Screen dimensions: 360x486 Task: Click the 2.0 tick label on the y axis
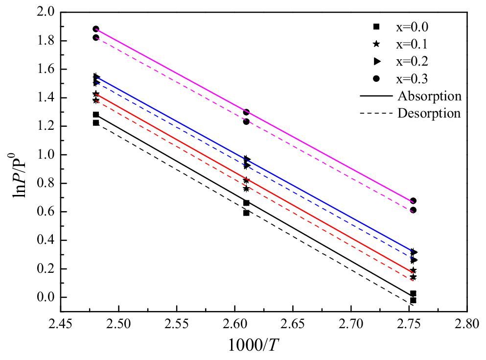tap(46, 12)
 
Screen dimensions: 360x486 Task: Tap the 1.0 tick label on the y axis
tap(46, 155)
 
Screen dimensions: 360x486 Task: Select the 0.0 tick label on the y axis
tap(46, 297)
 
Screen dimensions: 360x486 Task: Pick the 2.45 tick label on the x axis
tap(61, 324)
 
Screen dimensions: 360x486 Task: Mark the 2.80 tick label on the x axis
tap(467, 324)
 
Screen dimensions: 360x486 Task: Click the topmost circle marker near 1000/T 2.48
tap(96, 29)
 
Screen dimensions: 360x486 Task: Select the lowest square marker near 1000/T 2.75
tap(413, 300)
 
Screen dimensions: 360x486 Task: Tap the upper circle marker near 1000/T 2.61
tap(246, 112)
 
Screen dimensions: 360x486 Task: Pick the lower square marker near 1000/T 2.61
tap(246, 213)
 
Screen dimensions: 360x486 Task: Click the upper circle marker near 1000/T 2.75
tap(413, 201)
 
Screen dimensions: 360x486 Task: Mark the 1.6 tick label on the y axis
tap(46, 69)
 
